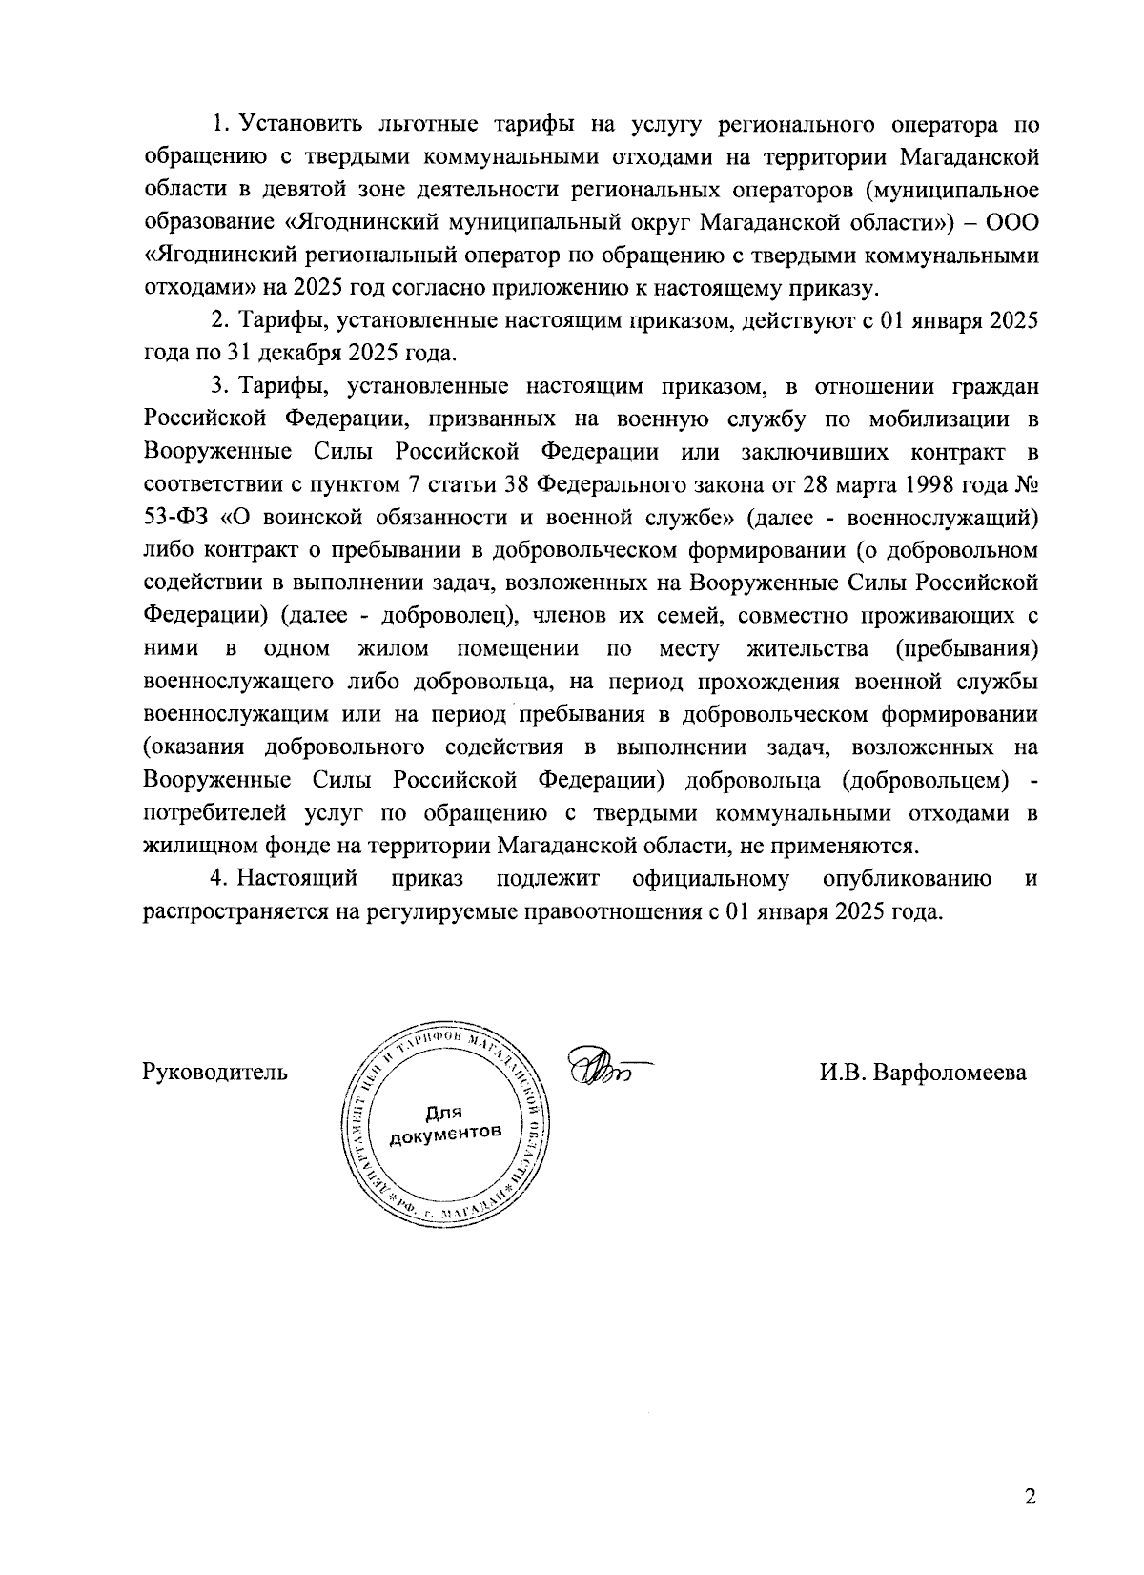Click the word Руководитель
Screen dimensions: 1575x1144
pos(214,1073)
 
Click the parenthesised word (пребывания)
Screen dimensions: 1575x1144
pos(967,649)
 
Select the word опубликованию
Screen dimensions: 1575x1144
pos(907,878)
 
